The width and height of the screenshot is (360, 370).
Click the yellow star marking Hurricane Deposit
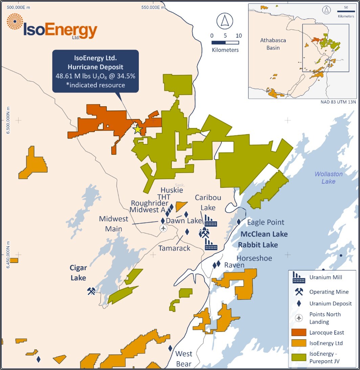(137, 130)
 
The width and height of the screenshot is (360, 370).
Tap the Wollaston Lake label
(329, 178)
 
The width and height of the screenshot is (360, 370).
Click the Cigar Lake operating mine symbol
(91, 291)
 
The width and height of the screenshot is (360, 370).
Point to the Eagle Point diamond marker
(239, 222)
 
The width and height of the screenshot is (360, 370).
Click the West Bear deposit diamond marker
(170, 348)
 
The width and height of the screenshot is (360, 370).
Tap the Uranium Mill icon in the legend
(298, 278)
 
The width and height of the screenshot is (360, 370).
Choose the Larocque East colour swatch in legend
(298, 332)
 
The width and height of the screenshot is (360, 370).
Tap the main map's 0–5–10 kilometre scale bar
(225, 43)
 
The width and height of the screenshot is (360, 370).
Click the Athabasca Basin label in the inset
(273, 44)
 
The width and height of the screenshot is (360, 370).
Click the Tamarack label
(174, 248)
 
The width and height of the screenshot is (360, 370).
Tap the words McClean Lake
(264, 234)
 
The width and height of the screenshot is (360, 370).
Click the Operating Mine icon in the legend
(298, 292)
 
